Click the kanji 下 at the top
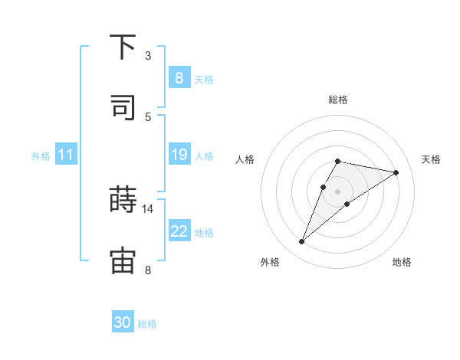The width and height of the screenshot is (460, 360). tap(123, 47)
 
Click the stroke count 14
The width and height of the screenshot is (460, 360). tap(148, 208)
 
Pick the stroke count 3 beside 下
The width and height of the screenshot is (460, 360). tap(148, 55)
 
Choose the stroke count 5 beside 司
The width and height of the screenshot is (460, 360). tap(148, 116)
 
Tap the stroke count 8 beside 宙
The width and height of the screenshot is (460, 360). tap(148, 270)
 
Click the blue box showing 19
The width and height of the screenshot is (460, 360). tap(179, 155)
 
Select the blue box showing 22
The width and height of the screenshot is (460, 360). tap(179, 231)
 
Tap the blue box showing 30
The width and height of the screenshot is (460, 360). tap(123, 322)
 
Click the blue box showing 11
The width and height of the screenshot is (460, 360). tap(65, 155)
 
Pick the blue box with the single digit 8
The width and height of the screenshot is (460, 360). tap(179, 78)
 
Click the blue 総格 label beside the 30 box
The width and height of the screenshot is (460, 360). tap(147, 324)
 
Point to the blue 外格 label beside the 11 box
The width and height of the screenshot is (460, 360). tap(41, 156)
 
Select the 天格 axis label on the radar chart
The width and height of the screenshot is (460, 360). tap(431, 159)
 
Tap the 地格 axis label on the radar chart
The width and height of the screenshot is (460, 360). tap(402, 262)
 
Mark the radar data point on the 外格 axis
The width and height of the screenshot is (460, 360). tap(302, 242)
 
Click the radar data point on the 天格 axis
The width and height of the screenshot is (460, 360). tap(396, 172)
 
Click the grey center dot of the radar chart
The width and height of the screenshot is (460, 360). tap(337, 191)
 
